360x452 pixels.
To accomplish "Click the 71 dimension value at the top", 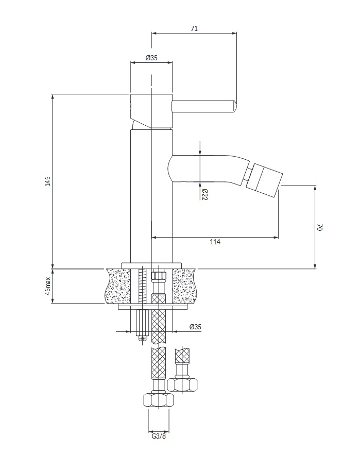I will click(x=194, y=29).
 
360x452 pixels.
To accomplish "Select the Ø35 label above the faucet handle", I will click(x=151, y=58).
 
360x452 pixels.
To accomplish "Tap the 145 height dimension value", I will click(x=47, y=181).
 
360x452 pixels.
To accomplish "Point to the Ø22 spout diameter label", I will click(x=204, y=194).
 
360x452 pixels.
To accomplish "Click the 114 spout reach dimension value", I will click(x=215, y=242).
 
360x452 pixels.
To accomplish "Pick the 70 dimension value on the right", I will click(x=320, y=227).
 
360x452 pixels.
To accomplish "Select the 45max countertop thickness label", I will click(x=47, y=286).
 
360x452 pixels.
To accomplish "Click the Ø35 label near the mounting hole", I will click(x=195, y=327).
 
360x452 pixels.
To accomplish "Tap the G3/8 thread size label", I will click(x=158, y=437).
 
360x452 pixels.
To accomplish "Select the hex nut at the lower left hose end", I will click(x=158, y=400).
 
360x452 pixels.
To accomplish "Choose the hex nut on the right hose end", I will click(x=182, y=384).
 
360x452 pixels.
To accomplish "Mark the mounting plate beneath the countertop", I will click(x=151, y=307).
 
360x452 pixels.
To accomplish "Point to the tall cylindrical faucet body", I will click(x=151, y=196).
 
